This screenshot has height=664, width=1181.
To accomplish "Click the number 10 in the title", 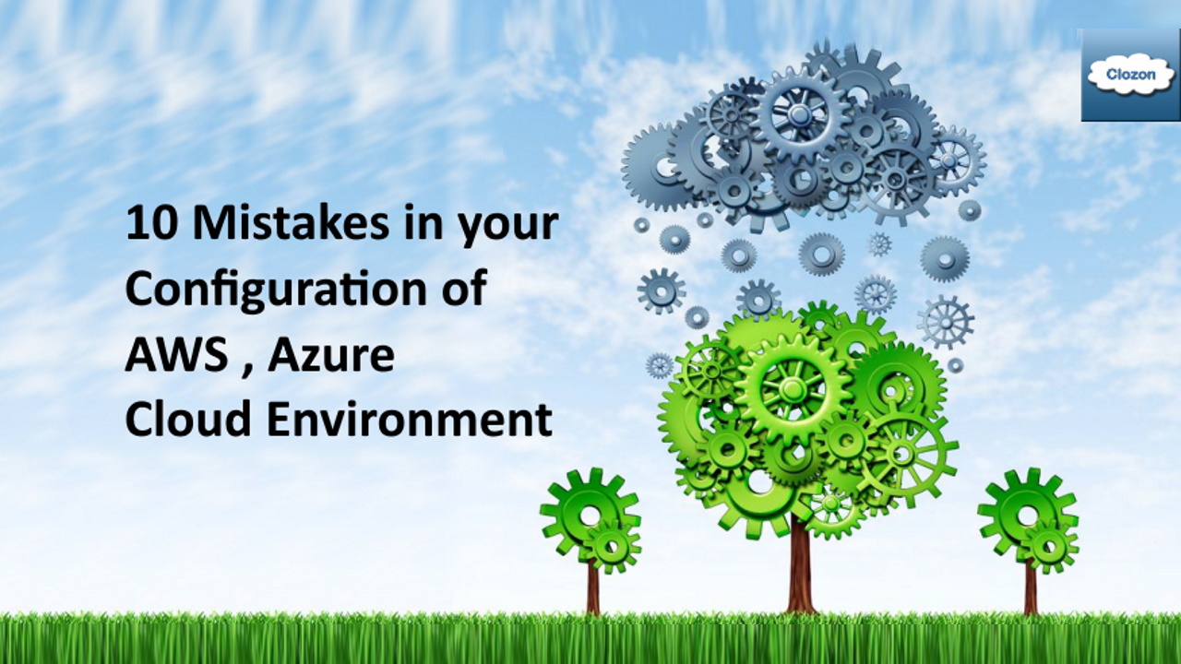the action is pos(149,223).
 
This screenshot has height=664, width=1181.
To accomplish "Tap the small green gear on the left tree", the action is pos(613,546).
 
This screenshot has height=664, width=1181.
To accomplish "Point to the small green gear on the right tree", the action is pos(1049,546).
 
